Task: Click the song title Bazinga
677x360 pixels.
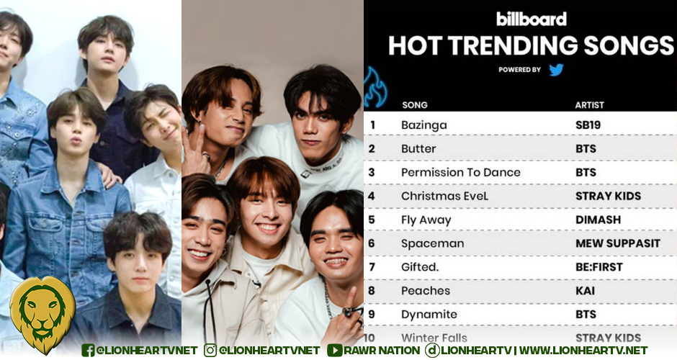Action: pos(423,125)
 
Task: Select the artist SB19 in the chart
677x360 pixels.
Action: pos(588,125)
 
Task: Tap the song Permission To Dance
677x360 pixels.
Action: pos(460,173)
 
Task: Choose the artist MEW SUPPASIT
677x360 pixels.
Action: pos(617,243)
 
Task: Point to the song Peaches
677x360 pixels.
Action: pos(426,291)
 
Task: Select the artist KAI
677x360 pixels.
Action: pos(586,291)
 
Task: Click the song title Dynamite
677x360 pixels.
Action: pos(429,315)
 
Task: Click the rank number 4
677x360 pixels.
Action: pos(372,196)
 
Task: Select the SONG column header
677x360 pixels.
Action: pos(414,105)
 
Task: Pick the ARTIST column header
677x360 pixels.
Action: pos(589,105)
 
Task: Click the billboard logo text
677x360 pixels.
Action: pos(532,19)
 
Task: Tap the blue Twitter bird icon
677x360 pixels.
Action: pos(556,70)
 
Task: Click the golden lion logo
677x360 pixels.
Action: pos(42,315)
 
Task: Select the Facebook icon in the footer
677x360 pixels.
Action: pos(88,350)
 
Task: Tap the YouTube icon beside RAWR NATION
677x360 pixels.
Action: pos(334,350)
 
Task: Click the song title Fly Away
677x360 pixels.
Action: pos(426,220)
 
